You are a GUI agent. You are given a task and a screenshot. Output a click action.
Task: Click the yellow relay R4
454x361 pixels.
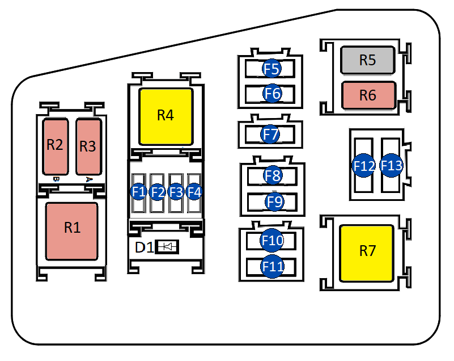tap(166, 116)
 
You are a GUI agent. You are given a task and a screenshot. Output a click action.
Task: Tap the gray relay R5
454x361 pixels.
tap(367, 60)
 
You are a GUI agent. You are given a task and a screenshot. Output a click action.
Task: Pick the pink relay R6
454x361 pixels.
tap(367, 95)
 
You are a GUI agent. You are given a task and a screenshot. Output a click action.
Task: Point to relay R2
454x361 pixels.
tap(55, 146)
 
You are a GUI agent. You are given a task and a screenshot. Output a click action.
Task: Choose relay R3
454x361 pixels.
tap(88, 146)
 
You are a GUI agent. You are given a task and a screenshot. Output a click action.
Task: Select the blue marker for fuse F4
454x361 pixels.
tap(194, 192)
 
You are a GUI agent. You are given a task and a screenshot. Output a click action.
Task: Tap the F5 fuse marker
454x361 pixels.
tap(272, 69)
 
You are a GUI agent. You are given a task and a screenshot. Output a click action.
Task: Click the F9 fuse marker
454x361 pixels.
tap(274, 201)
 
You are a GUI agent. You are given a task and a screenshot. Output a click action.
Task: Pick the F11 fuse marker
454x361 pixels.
tap(272, 266)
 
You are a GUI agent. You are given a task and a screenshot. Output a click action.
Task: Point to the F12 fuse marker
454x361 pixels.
tap(364, 166)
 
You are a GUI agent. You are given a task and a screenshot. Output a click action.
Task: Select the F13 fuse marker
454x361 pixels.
tap(391, 166)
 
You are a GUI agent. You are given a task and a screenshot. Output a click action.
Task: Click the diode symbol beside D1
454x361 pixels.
tap(167, 247)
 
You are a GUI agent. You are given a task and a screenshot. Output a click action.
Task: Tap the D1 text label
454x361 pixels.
tap(143, 247)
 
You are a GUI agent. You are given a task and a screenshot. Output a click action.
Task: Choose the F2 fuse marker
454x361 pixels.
tap(158, 192)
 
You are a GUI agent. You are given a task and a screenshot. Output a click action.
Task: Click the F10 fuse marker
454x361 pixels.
tap(272, 241)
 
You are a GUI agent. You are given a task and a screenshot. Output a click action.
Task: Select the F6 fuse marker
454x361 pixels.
tap(272, 93)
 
